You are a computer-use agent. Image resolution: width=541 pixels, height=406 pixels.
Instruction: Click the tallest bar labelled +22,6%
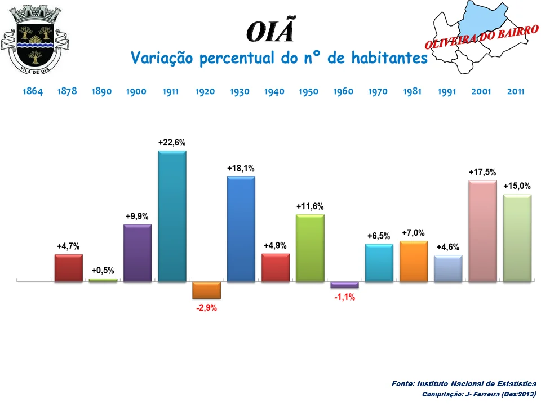[x=172, y=216]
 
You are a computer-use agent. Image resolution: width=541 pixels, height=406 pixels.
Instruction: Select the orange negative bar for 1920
[x=206, y=290]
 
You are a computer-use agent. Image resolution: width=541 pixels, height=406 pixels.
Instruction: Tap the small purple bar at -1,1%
[x=344, y=285]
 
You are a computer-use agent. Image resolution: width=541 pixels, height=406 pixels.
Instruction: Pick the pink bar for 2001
[x=482, y=231]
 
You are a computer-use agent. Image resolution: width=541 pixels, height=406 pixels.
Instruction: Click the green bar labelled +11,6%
[x=310, y=248]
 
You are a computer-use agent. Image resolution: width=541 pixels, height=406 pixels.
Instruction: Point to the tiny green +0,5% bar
[x=103, y=280]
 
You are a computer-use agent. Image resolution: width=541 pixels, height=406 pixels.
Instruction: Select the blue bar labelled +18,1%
[x=241, y=228]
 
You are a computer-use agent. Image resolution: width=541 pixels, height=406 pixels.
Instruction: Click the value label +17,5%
[x=482, y=173]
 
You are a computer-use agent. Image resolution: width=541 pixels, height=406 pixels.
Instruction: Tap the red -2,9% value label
[x=206, y=308]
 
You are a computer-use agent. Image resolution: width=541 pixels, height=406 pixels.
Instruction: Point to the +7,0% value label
[x=413, y=233]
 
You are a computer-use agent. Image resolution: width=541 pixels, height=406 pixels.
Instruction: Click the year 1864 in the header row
[x=33, y=91]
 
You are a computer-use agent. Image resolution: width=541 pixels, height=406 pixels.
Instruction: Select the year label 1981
[x=413, y=91]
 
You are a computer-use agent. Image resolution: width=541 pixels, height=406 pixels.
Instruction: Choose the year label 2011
[x=516, y=91]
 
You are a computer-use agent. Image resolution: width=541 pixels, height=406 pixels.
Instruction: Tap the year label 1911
[x=171, y=91]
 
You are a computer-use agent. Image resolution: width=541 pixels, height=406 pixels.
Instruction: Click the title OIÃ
[x=270, y=32]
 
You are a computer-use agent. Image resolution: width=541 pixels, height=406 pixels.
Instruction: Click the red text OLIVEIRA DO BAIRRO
[x=480, y=37]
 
